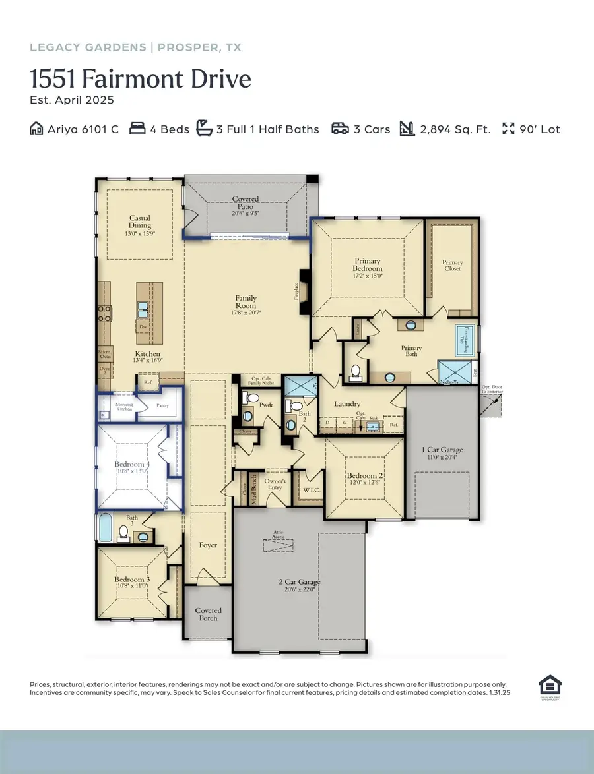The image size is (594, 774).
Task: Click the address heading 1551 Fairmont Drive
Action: [141, 80]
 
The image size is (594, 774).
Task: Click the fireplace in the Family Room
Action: [303, 285]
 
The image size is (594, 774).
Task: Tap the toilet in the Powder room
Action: [251, 399]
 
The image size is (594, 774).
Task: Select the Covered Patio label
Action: [245, 203]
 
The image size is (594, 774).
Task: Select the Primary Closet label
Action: [453, 266]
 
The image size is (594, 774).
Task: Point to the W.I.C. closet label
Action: [310, 491]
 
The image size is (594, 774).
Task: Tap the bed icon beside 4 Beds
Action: [137, 129]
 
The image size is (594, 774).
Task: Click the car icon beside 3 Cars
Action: [341, 129]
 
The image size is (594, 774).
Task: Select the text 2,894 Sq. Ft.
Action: [455, 129]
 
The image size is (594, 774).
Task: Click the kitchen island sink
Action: [144, 307]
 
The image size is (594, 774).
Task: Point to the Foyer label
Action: [209, 545]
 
